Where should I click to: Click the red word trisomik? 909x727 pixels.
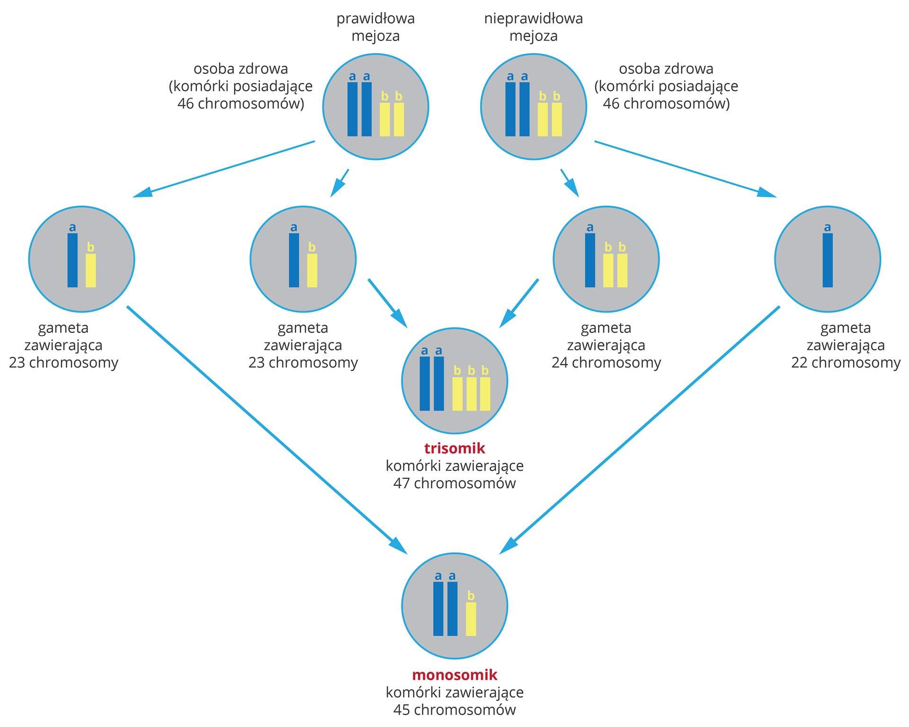click(454, 448)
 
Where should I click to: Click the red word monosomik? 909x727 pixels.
click(454, 674)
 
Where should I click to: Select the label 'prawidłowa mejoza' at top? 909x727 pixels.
click(375, 27)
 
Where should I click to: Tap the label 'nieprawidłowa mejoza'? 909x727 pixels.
click(534, 27)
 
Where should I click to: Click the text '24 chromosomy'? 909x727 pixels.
click(606, 363)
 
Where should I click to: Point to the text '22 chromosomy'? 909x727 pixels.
click(846, 363)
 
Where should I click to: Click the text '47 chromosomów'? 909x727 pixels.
click(454, 483)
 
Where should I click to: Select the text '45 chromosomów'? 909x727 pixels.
click(454, 709)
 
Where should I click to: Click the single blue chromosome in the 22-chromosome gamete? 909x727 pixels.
click(828, 260)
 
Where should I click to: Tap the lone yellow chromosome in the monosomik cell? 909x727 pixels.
click(471, 619)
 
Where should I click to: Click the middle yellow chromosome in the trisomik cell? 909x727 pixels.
click(471, 394)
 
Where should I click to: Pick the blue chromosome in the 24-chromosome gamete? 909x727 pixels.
click(590, 260)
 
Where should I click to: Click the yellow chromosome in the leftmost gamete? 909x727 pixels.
click(90, 270)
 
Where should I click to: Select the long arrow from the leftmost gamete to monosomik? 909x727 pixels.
click(265, 429)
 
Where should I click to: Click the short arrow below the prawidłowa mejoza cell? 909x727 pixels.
click(340, 182)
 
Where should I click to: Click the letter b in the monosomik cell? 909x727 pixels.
click(471, 596)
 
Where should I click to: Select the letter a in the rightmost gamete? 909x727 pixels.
click(827, 227)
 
